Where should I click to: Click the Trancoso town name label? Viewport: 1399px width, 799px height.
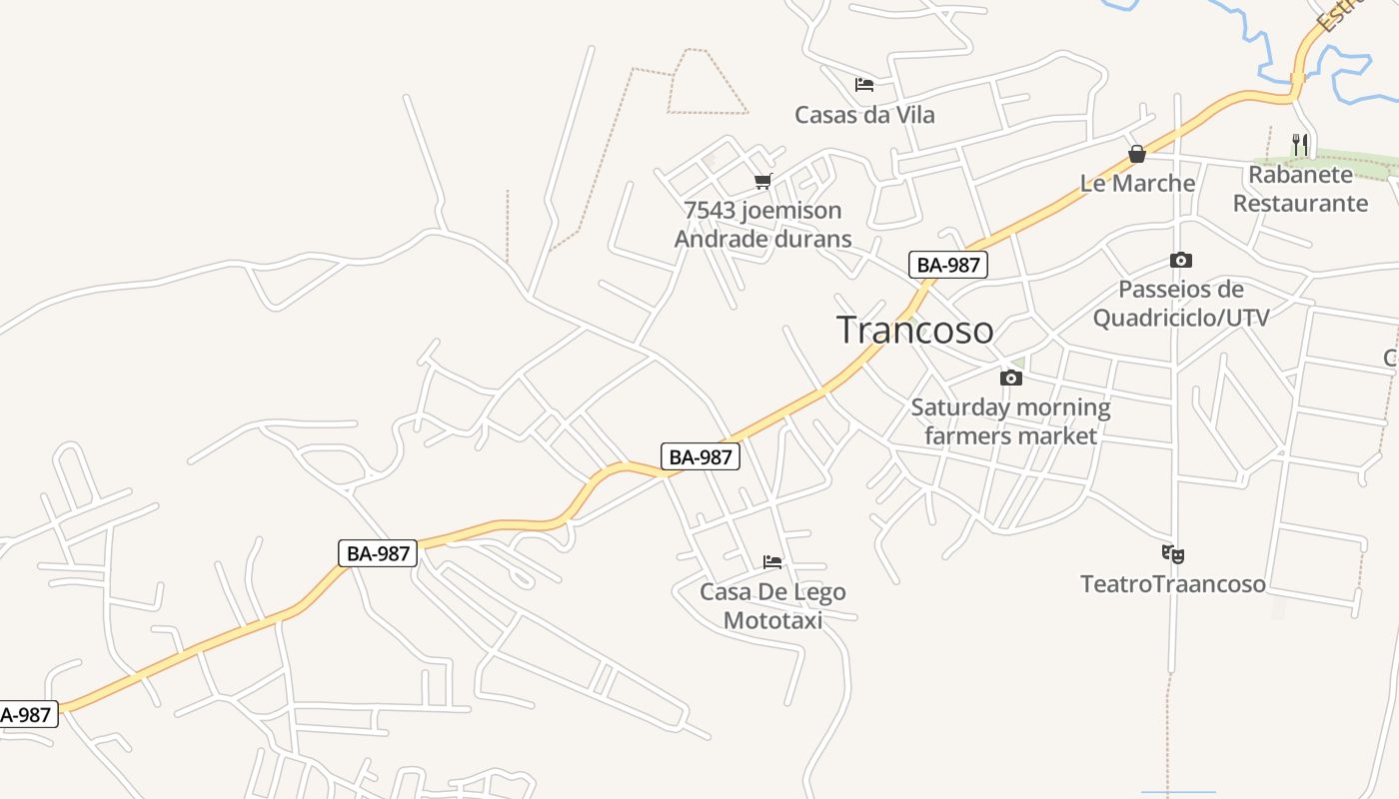coord(914,330)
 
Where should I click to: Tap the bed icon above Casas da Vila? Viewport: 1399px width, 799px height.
coord(864,85)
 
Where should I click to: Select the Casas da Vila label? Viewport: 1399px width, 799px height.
coord(864,115)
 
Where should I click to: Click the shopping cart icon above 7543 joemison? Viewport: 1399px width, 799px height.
coord(763,181)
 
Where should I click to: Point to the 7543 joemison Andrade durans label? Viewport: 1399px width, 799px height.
coord(763,225)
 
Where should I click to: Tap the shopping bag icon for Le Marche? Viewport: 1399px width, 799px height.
coord(1137,154)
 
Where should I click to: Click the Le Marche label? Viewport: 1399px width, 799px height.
coord(1137,183)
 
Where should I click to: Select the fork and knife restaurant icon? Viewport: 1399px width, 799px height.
coord(1299,145)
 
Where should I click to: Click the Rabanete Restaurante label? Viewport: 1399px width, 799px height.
coord(1300,189)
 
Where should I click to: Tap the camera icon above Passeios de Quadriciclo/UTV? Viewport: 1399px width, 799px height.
coord(1181,261)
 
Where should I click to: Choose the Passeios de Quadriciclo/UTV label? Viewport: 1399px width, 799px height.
coord(1181,304)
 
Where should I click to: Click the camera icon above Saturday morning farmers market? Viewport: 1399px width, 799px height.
coord(1011,378)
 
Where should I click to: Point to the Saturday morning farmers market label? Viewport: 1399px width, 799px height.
coord(1010,421)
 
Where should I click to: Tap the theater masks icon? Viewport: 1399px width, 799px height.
coord(1173,553)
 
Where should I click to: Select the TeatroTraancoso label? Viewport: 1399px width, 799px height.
coord(1173,583)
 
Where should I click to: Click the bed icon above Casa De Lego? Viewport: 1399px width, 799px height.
coord(772,562)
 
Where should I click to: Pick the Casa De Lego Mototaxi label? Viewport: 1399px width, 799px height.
coord(772,605)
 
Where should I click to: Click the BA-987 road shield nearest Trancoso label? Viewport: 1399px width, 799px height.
coord(948,265)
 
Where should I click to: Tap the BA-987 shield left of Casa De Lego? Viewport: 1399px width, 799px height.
coord(700,456)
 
